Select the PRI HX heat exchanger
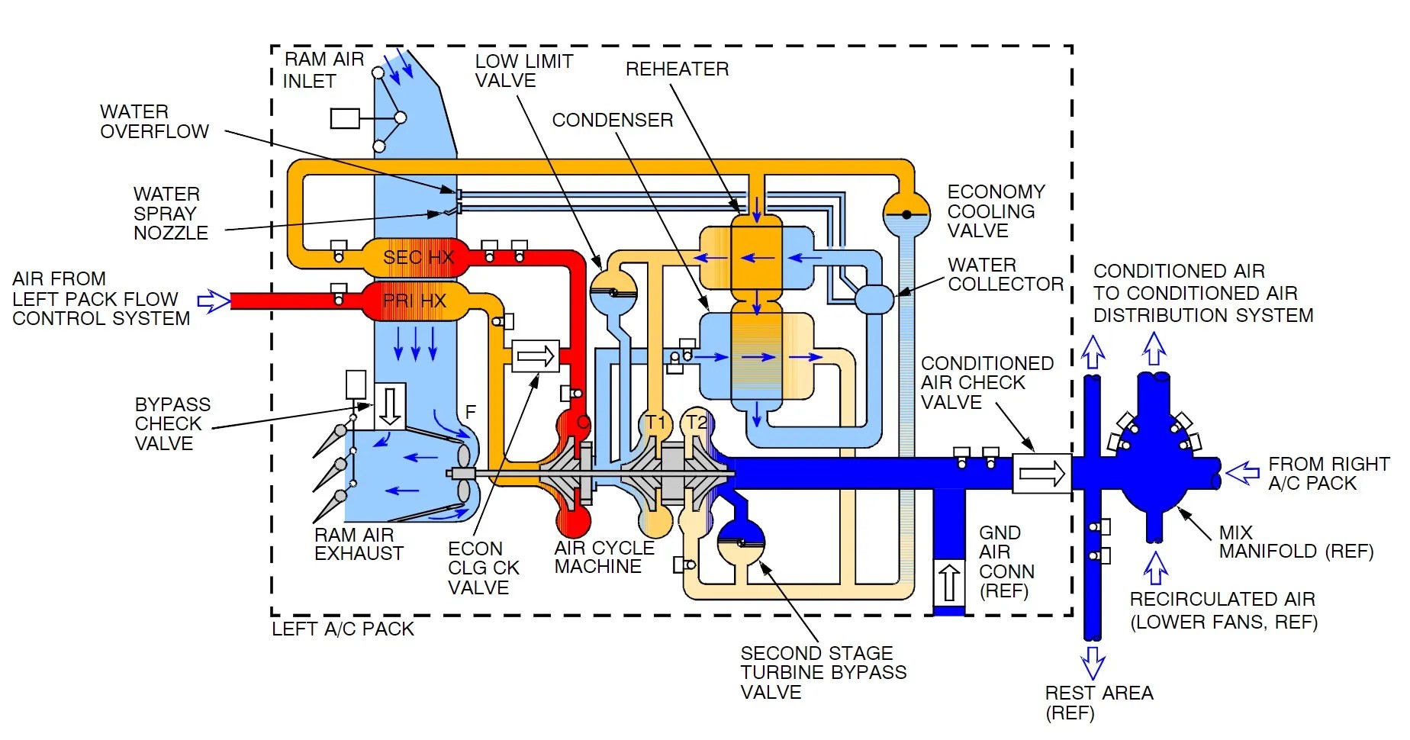pos(414,301)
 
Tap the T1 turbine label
pos(655,423)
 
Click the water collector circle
pos(874,298)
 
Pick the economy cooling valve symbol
pos(906,214)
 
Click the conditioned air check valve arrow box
pos(1041,473)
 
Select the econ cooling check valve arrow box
pos(536,356)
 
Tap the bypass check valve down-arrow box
pos(390,404)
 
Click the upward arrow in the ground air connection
pos(948,583)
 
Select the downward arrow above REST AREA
pos(1093,662)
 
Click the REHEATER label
pos(677,69)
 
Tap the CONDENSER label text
pos(613,121)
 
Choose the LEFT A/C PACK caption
pos(343,629)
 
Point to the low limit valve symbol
pos(613,292)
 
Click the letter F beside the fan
pos(471,412)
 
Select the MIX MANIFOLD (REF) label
pos(1296,542)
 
